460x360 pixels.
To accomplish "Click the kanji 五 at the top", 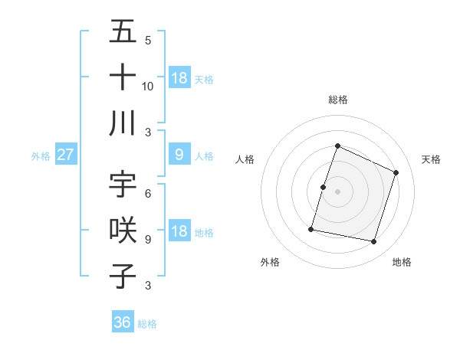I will click(123, 32).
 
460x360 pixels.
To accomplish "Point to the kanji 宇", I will click(123, 184).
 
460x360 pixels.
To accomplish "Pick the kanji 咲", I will click(123, 230).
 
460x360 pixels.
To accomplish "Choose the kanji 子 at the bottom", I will click(123, 276).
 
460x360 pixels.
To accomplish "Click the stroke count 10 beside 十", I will click(148, 87).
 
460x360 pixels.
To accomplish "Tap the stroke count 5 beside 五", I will click(148, 41).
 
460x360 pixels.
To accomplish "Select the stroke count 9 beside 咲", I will click(148, 240).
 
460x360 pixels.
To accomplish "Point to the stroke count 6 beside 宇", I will click(148, 194).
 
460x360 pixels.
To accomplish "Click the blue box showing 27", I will click(65, 155).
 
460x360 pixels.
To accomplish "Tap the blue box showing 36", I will click(123, 322).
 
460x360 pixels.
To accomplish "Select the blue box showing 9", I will click(179, 155).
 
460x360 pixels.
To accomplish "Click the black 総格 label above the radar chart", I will click(337, 100).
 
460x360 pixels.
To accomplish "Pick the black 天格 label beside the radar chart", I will click(432, 159).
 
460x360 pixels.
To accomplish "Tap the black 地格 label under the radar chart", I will click(402, 262).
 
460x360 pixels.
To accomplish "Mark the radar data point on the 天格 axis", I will click(396, 172).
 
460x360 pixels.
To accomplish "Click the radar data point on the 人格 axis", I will click(323, 187).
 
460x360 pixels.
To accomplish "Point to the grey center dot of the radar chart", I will click(337, 191).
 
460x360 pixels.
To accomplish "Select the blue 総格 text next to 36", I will click(147, 324).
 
